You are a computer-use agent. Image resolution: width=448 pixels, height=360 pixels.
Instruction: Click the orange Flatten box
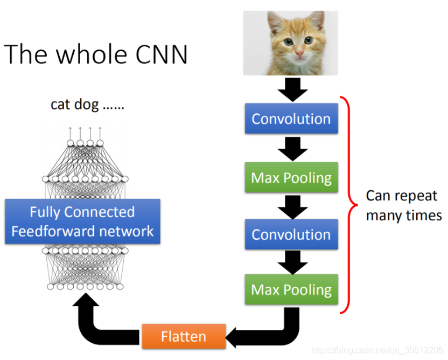(x=183, y=336)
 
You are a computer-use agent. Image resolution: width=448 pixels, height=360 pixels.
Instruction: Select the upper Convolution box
(x=291, y=119)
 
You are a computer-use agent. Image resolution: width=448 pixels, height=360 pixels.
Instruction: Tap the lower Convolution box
(x=291, y=234)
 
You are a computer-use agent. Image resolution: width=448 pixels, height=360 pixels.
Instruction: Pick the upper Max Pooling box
(x=291, y=177)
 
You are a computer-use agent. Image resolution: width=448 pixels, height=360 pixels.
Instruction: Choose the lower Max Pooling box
(x=291, y=290)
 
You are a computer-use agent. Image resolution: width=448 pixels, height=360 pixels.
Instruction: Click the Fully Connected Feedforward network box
(x=82, y=221)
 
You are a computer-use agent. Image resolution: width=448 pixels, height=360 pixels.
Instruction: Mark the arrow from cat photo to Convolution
(x=291, y=89)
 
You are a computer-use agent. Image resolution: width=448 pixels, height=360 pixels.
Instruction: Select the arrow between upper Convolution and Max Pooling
(x=291, y=148)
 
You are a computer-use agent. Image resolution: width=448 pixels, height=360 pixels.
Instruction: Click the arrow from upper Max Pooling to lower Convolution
(x=291, y=206)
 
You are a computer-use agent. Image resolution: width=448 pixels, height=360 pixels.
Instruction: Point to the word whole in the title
(x=86, y=54)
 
